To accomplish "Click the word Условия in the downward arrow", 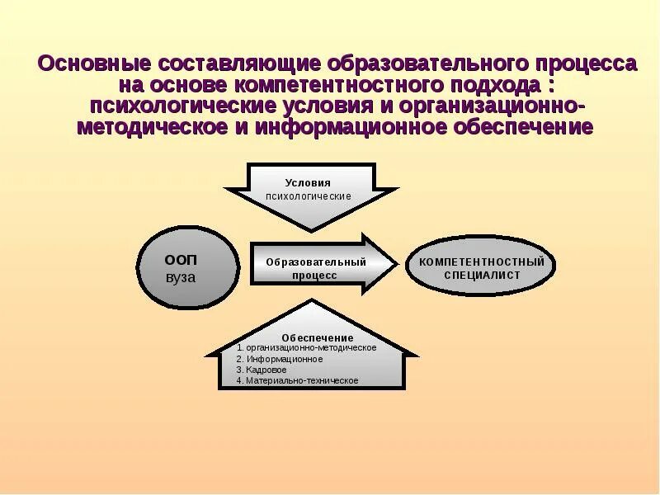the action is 308,182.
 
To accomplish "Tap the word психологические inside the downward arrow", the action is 308,196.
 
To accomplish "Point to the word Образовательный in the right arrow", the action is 315,262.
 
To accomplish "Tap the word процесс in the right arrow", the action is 313,276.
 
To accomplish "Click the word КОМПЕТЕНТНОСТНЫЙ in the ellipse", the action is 482,262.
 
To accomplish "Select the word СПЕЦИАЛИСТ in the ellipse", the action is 482,276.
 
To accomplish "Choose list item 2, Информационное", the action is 280,360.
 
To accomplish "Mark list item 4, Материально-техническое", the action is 298,381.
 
